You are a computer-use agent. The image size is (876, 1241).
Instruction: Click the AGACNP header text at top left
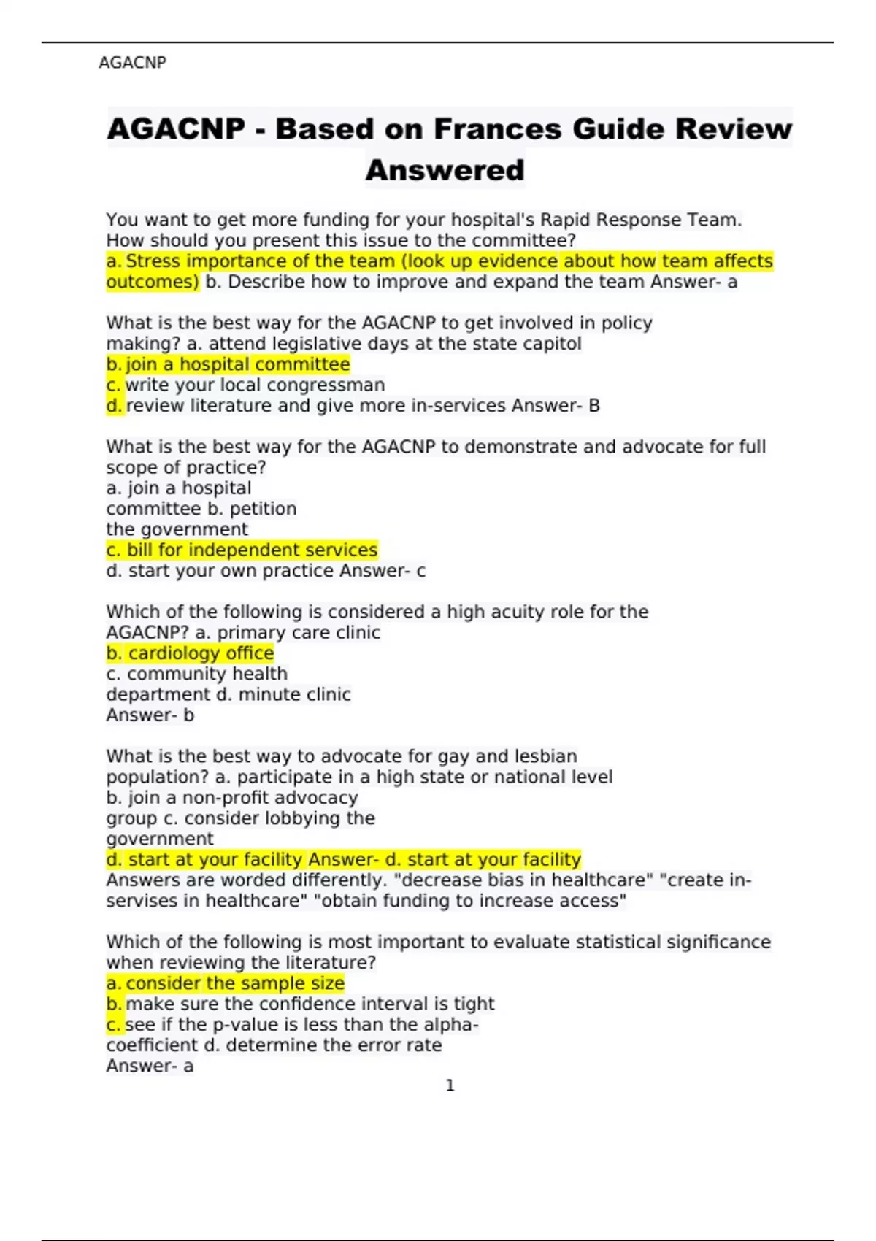tap(132, 63)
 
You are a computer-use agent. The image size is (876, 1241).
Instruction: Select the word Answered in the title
tap(445, 170)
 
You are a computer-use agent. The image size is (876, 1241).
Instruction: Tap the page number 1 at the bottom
tap(450, 1086)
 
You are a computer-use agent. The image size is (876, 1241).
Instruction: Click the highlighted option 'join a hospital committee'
tap(237, 364)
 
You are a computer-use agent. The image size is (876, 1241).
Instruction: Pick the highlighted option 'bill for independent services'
tap(252, 550)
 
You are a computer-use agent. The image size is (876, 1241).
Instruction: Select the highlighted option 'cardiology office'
tap(201, 653)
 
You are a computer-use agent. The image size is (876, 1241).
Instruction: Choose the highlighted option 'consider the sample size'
tap(234, 983)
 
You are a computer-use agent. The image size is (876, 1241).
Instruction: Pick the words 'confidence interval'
tap(334, 1004)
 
